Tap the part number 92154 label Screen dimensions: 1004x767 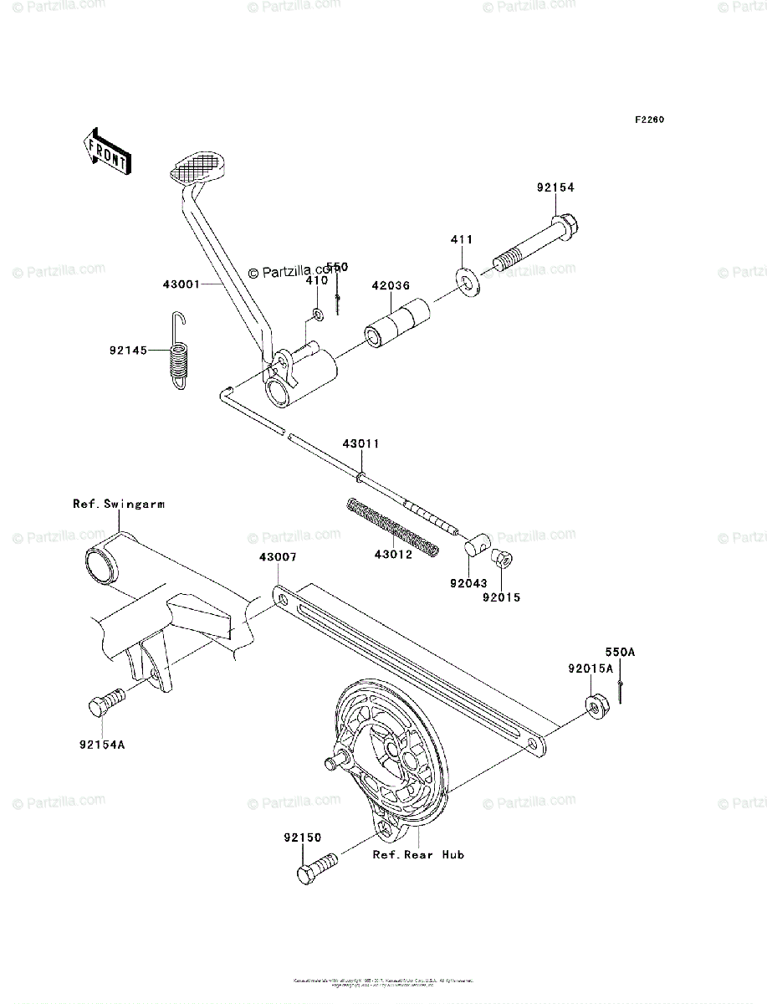[555, 189]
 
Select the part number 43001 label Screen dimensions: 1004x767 [180, 284]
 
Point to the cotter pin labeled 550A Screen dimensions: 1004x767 [622, 691]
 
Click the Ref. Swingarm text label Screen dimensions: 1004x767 [119, 504]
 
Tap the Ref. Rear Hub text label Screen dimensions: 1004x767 [418, 854]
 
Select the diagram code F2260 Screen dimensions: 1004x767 [648, 120]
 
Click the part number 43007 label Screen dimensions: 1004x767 [277, 556]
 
